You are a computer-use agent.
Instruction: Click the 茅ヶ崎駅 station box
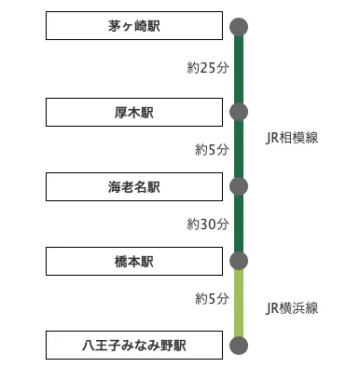coord(133,26)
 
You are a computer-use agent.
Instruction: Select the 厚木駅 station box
coord(133,113)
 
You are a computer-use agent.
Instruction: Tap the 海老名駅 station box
coord(133,186)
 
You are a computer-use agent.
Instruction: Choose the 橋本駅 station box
coord(133,261)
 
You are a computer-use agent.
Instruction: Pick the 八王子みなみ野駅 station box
coord(133,346)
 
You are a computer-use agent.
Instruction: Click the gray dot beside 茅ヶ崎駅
coord(239,26)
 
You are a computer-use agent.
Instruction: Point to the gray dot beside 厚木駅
coord(239,113)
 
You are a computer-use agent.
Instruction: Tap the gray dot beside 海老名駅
coord(239,186)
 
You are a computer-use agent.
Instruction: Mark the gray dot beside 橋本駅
coord(239,261)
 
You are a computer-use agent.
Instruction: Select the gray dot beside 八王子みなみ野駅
coord(239,346)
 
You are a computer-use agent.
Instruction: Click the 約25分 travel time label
coord(206,68)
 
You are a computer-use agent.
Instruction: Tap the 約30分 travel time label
coord(206,224)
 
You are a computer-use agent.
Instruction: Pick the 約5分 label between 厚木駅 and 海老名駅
coord(211,149)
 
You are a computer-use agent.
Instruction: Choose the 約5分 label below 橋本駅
coord(211,299)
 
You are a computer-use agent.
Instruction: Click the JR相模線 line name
coord(292,138)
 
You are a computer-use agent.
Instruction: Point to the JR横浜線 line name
coord(292,307)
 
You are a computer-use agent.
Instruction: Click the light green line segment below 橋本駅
coord(239,304)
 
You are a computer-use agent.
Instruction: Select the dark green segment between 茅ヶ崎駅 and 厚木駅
coord(239,70)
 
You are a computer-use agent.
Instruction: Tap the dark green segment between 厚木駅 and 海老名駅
coord(239,150)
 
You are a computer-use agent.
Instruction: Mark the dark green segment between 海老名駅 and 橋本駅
coord(239,224)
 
